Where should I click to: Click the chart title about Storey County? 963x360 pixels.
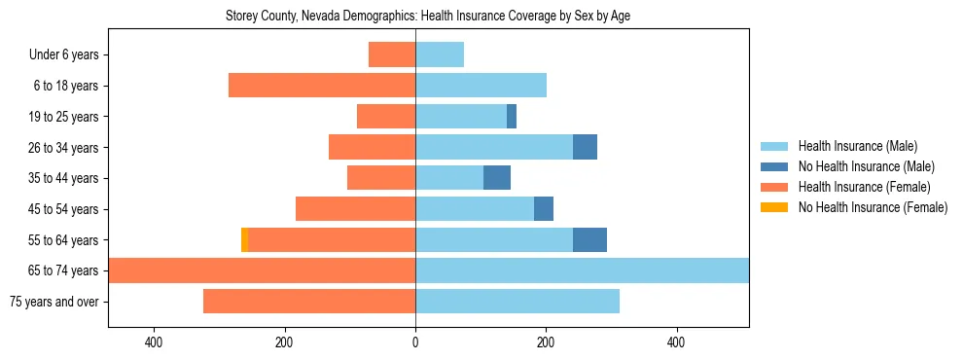point(428,17)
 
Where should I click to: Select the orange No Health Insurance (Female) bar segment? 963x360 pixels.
point(244,239)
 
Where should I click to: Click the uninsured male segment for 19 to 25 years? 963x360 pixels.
point(512,117)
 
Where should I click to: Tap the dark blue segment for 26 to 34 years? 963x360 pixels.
point(585,147)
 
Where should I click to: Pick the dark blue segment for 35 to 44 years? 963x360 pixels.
point(497,178)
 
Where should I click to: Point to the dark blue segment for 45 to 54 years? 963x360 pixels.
point(544,208)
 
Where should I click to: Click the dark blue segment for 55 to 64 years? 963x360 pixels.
point(589,239)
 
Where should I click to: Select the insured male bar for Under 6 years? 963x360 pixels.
point(440,54)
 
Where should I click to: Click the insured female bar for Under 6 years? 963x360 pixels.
point(392,54)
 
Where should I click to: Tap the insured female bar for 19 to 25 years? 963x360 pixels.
point(386,117)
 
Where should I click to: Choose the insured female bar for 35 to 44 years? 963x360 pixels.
point(381,178)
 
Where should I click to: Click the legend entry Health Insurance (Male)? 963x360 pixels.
point(857,146)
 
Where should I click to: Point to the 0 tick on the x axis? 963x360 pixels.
point(415,342)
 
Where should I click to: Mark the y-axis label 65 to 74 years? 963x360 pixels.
point(63,270)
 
